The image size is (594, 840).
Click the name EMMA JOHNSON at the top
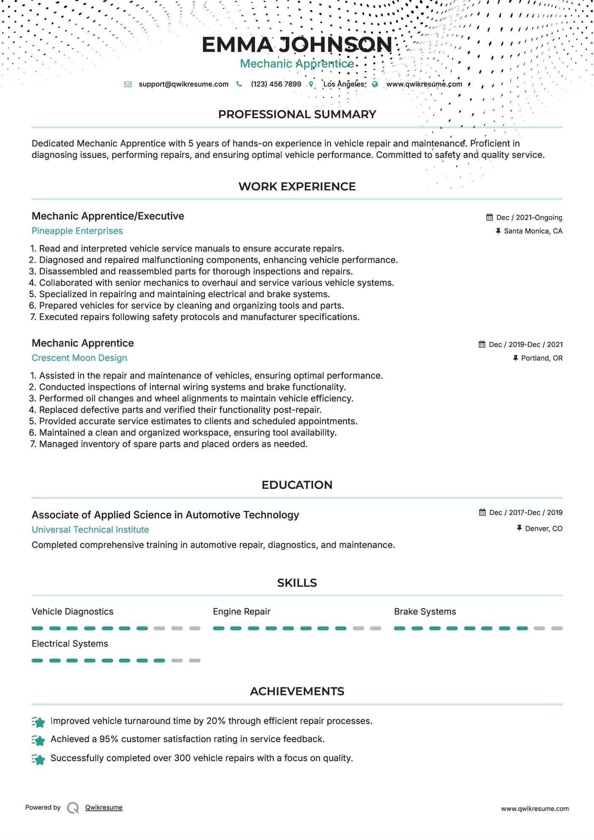297,45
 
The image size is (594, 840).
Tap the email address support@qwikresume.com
183,84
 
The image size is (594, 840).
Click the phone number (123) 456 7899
276,84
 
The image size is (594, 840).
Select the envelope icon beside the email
128,84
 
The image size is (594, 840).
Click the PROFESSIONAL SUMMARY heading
297,114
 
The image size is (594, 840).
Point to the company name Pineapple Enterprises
77,231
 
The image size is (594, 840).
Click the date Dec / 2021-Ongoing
529,217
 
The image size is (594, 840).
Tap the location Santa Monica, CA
533,231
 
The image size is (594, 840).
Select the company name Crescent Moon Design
79,358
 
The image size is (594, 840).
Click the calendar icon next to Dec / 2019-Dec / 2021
482,344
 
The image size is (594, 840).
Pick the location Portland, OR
542,358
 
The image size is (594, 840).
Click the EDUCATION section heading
297,485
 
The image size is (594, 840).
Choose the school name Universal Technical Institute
90,530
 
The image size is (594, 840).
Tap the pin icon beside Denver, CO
519,528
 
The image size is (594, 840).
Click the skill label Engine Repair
241,612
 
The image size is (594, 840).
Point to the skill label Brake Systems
425,612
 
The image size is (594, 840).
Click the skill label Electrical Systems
70,644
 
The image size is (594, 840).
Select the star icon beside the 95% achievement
38,740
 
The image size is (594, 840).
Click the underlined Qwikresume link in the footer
104,807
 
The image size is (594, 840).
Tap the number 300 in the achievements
182,758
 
